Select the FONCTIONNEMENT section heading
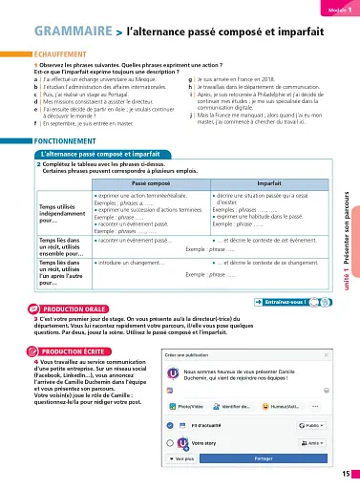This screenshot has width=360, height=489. pos(40,140)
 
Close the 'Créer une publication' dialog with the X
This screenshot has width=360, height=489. pos(326,355)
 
